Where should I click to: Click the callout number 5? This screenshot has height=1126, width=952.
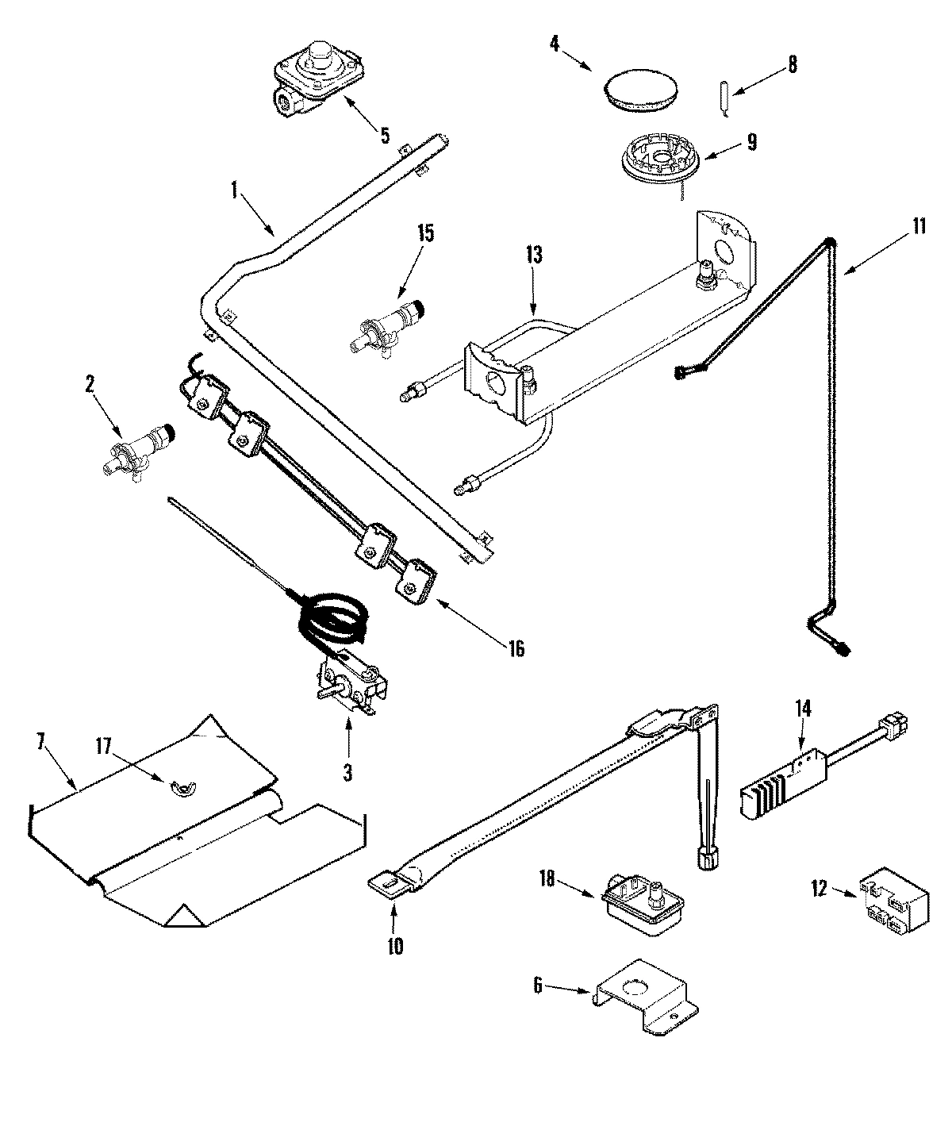[385, 135]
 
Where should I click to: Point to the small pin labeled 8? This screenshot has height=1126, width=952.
[725, 98]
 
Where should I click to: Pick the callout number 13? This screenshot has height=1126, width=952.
[533, 255]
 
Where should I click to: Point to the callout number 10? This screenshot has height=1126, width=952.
[395, 945]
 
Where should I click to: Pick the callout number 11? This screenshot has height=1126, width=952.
[918, 226]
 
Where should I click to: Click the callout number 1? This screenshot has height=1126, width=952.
[234, 190]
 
